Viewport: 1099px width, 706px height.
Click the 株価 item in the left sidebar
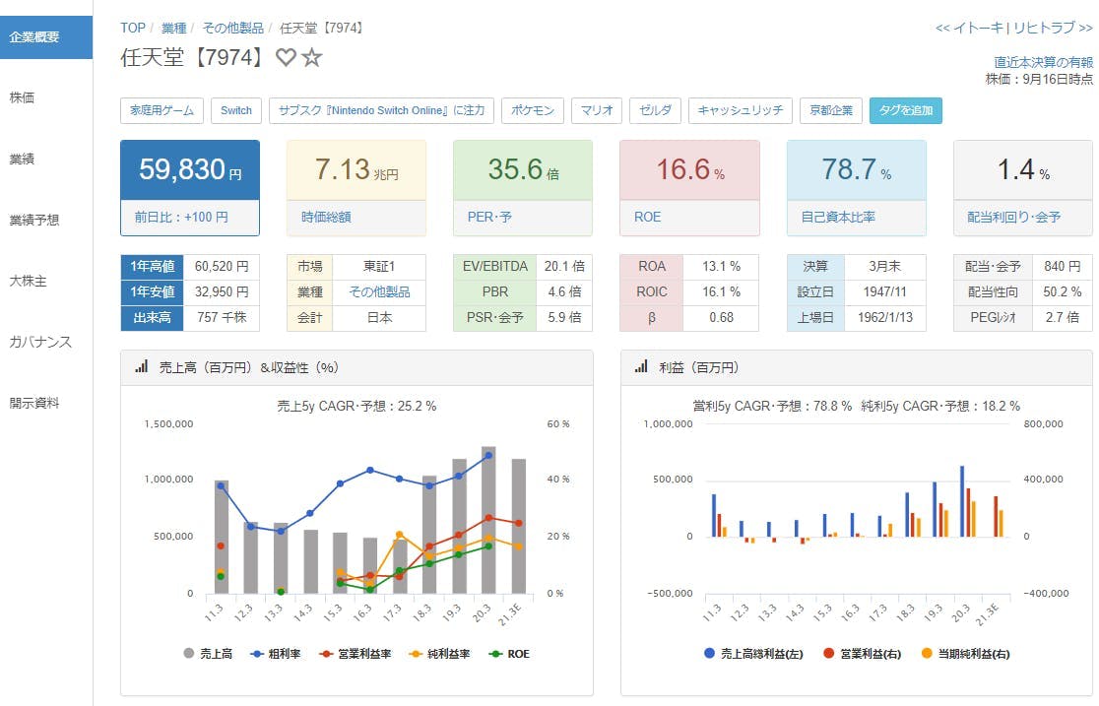pyautogui.click(x=23, y=97)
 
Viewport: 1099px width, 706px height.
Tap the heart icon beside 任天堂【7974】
pyautogui.click(x=286, y=58)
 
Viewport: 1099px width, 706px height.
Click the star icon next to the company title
pyautogui.click(x=312, y=58)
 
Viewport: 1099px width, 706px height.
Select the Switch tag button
pyautogui.click(x=235, y=110)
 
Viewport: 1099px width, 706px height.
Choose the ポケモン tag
pyautogui.click(x=533, y=110)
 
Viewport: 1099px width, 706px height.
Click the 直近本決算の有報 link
pyautogui.click(x=1043, y=62)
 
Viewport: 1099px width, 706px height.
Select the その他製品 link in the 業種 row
pyautogui.click(x=379, y=291)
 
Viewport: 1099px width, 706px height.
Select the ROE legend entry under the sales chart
pyautogui.click(x=511, y=653)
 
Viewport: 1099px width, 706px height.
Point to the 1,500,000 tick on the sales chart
pyautogui.click(x=167, y=423)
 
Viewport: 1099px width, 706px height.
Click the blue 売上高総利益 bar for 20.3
pyautogui.click(x=961, y=501)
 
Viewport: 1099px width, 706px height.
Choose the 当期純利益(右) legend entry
pyautogui.click(x=967, y=653)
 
